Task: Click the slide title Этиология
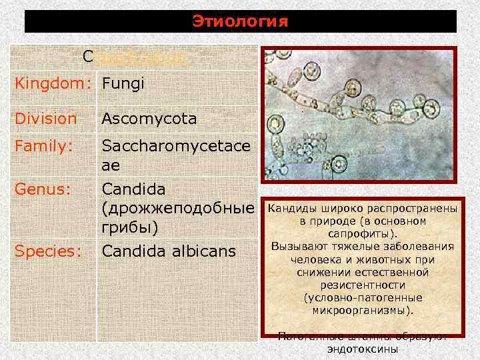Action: (x=240, y=21)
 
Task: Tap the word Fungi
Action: (x=123, y=85)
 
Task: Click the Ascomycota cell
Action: (x=149, y=119)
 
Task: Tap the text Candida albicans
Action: (x=168, y=251)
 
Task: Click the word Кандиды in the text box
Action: (x=291, y=209)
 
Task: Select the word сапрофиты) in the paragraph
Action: (x=363, y=234)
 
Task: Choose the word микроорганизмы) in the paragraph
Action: (x=363, y=310)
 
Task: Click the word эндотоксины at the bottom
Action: (x=363, y=349)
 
